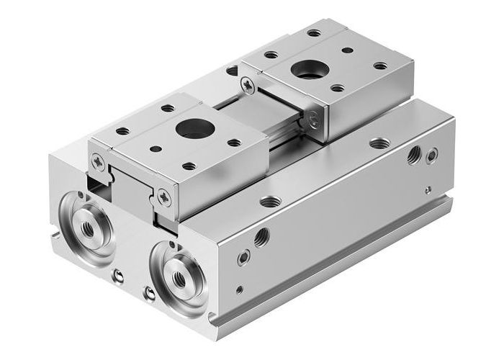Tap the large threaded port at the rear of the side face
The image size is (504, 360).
tap(413, 156)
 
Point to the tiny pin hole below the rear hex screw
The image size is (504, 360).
tap(427, 189)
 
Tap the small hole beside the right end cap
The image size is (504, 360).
tap(149, 292)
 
